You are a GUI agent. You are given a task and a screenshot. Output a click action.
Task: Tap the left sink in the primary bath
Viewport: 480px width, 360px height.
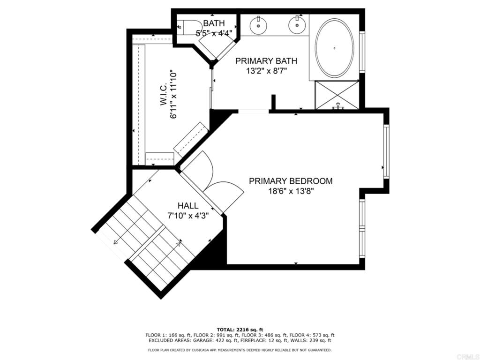[258, 25]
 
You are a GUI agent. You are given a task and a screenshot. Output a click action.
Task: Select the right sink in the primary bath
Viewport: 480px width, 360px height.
[297, 25]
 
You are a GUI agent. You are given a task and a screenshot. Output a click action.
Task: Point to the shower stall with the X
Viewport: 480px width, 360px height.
[337, 95]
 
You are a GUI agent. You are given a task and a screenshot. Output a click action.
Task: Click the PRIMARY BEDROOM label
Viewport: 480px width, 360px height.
[291, 181]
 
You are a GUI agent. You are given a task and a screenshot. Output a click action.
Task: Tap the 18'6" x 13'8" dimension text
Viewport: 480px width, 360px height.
[291, 191]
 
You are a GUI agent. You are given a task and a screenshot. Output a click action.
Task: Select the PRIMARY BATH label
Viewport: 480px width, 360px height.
[266, 61]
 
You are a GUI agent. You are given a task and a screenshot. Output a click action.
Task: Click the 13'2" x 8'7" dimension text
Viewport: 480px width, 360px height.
[266, 71]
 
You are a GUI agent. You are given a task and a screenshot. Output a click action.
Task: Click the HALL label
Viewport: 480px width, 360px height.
[188, 206]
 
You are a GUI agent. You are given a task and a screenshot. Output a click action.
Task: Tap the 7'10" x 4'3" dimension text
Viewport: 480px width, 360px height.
[188, 216]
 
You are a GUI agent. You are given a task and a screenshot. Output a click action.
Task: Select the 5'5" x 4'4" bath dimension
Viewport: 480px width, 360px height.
[214, 33]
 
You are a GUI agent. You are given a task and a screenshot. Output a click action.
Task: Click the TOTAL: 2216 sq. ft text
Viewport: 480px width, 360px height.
[240, 330]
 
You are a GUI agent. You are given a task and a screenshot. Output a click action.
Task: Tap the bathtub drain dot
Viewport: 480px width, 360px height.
[334, 48]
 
